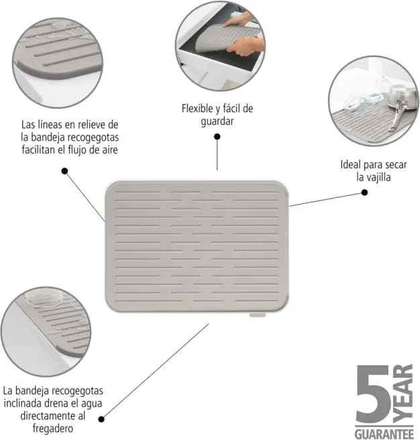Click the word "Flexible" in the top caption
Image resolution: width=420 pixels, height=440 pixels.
(x=198, y=108)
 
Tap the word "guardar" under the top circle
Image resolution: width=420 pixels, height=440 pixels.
(x=217, y=121)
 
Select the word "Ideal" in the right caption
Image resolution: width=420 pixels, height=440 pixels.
(x=351, y=164)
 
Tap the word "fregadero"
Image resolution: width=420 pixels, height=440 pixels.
(x=53, y=428)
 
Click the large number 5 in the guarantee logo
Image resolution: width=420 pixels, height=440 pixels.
(x=374, y=394)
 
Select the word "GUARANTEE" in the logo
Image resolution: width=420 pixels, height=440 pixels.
(x=384, y=433)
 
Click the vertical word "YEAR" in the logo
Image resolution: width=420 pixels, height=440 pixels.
(x=403, y=394)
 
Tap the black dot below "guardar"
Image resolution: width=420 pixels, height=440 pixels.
(x=217, y=137)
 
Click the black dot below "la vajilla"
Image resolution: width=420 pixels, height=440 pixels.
(x=364, y=192)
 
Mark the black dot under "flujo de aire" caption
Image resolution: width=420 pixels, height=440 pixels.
(x=64, y=171)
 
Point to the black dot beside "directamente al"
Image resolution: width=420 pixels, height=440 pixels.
(x=101, y=419)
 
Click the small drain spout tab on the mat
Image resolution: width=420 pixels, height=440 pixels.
(x=258, y=315)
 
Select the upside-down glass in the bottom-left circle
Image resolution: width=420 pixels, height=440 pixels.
(x=44, y=298)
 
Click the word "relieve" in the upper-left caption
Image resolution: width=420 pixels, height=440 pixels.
(x=94, y=124)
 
